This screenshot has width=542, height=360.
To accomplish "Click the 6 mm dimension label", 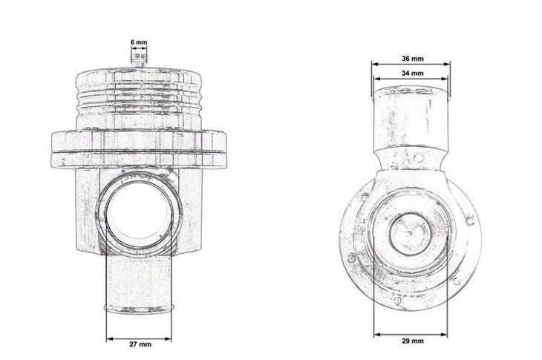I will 138,43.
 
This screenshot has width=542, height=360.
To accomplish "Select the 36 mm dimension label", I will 412,58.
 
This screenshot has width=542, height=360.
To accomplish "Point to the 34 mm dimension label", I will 412,73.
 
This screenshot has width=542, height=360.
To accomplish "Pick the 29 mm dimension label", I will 412,341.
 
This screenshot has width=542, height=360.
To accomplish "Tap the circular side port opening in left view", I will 139,215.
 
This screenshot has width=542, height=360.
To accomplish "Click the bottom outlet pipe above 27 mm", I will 139,286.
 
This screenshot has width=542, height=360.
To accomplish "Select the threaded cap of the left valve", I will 139,96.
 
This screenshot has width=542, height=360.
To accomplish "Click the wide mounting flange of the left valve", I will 139,146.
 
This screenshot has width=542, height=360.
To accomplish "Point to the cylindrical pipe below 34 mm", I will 411,115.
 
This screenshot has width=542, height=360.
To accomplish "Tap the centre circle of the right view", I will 408,232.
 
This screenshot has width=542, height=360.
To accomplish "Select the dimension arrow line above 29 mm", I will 411,331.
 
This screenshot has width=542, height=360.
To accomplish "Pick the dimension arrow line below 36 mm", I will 411,65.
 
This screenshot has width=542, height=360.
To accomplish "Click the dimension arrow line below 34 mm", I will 411,81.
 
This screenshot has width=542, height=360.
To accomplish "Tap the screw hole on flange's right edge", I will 470,218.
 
